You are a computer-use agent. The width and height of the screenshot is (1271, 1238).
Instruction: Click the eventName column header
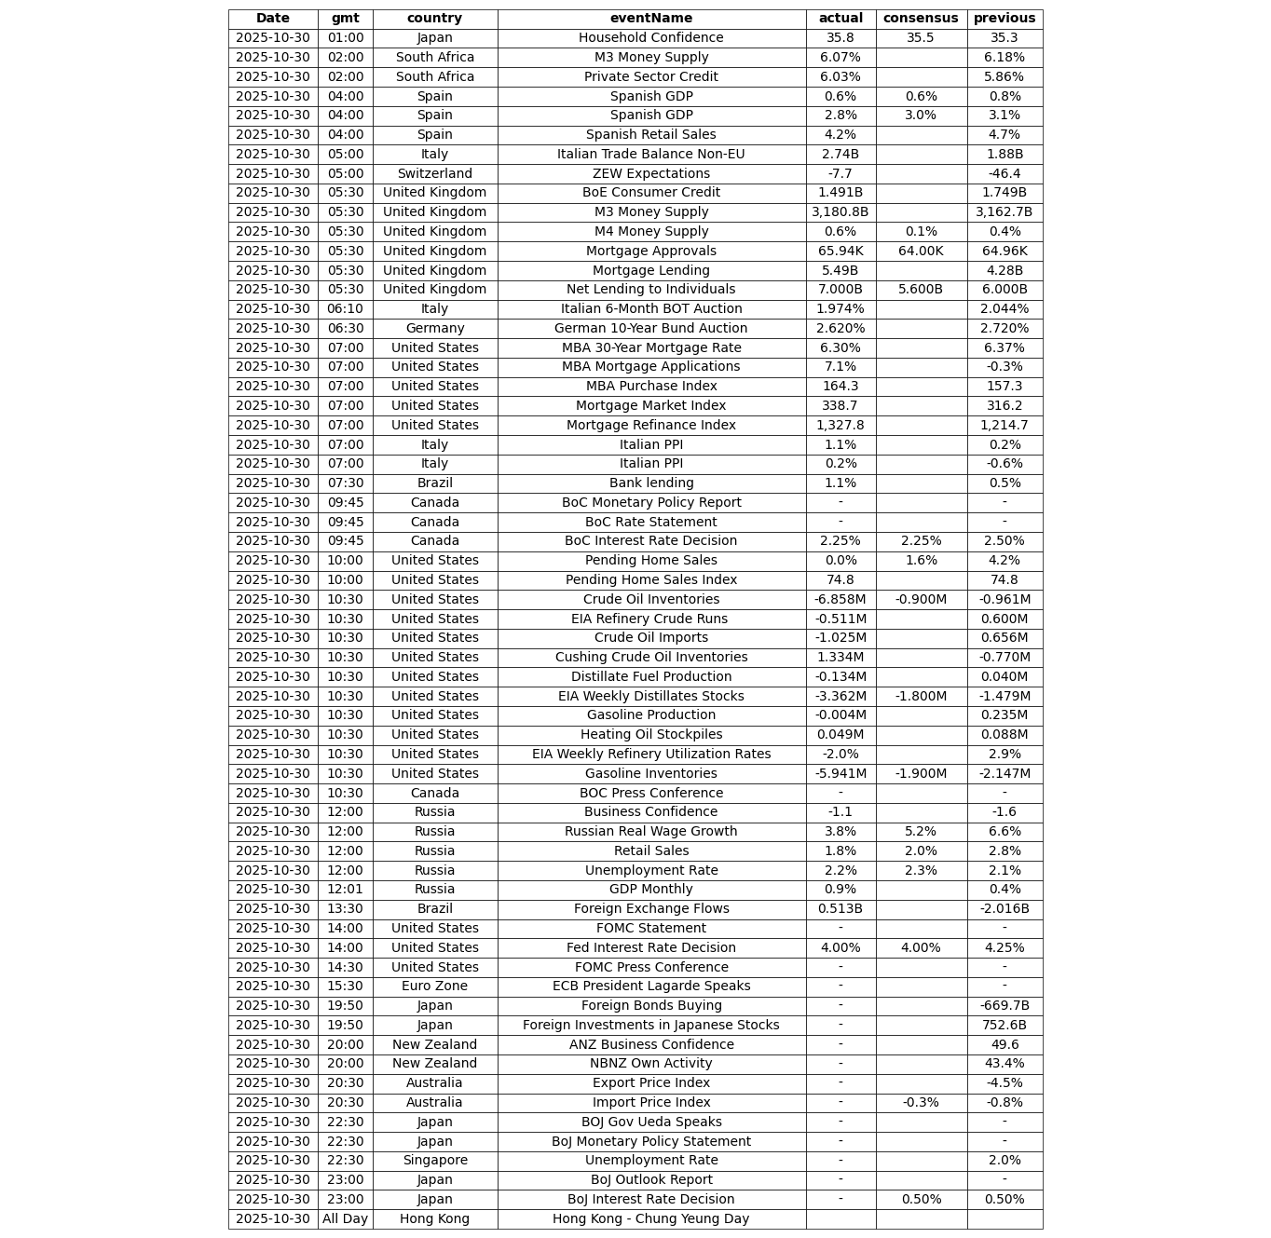[651, 19]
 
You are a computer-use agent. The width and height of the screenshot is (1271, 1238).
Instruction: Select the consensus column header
[921, 19]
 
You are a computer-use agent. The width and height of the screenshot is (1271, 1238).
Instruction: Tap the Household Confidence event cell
[651, 38]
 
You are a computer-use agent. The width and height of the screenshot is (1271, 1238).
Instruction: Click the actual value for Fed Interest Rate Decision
[840, 948]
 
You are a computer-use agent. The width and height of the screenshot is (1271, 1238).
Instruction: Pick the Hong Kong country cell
[434, 1219]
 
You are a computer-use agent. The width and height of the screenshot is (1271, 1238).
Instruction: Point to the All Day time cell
[345, 1219]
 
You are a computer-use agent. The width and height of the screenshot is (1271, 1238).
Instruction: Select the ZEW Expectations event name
[651, 174]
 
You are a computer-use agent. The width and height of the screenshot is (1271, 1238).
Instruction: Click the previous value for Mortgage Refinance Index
[1004, 426]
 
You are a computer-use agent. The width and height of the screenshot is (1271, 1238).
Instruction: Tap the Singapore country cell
[434, 1161]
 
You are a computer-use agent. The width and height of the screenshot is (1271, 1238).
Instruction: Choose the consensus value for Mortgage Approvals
[921, 252]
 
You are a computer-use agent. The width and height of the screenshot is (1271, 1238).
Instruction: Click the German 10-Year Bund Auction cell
[651, 329]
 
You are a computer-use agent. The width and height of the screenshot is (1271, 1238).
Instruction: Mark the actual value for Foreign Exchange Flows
[840, 909]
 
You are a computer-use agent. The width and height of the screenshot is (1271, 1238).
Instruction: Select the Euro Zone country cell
[434, 986]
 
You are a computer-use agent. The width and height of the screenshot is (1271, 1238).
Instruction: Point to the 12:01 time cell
[345, 890]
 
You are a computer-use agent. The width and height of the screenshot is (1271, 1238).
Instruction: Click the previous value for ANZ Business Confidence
[1004, 1045]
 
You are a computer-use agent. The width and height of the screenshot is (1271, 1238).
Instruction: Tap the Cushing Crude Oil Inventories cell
[651, 658]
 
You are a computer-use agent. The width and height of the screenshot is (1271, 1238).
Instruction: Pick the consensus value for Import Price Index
[921, 1103]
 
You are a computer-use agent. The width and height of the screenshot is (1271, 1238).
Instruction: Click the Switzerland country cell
[434, 174]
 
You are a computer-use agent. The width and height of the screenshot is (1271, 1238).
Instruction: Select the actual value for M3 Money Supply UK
[840, 212]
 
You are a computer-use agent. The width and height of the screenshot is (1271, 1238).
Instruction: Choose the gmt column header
[345, 19]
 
